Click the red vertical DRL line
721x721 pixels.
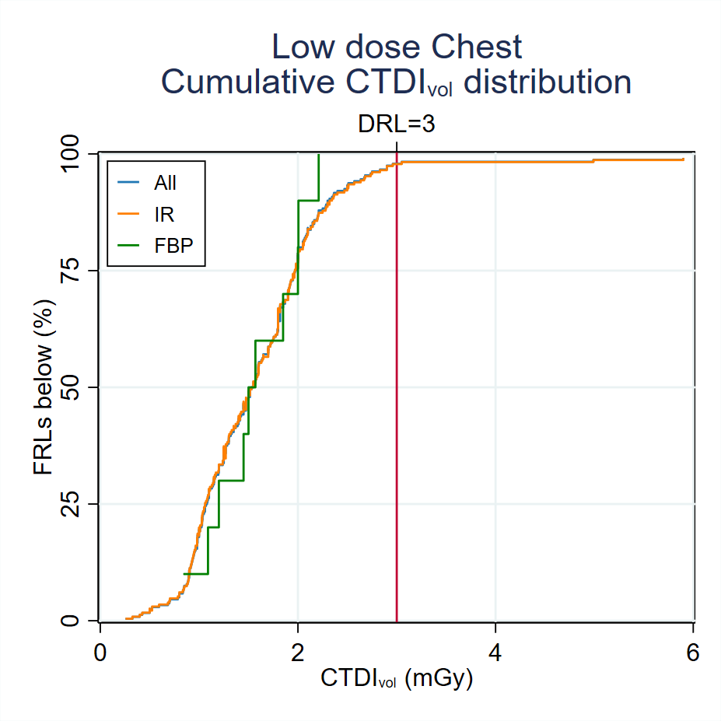[x=397, y=389]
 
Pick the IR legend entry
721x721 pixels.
[x=163, y=214]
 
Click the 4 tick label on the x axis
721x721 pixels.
[x=496, y=653]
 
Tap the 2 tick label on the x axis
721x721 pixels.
[x=298, y=653]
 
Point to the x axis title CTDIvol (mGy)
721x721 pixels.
[x=397, y=679]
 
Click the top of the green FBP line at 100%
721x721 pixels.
[x=318, y=156]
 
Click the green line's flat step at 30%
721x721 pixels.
[x=231, y=481]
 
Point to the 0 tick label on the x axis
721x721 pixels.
[x=100, y=653]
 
